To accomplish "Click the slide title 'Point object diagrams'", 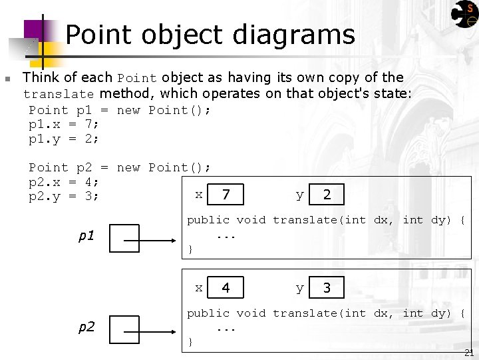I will [x=210, y=35].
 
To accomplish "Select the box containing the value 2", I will [x=327, y=195].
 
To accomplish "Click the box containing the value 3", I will [x=327, y=288].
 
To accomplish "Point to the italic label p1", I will [x=86, y=237].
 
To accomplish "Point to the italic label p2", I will [x=86, y=327].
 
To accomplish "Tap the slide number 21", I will [x=469, y=353].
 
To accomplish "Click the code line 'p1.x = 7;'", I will [x=64, y=125].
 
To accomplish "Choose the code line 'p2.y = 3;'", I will [x=64, y=197].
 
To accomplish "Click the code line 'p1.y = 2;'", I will [x=64, y=139].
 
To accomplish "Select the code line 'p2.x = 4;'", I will [x=64, y=182].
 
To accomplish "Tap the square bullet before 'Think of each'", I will [x=8, y=79].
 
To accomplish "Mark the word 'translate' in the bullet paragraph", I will [x=59, y=94].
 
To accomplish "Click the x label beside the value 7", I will [x=198, y=195].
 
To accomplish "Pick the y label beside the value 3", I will [x=299, y=288].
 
